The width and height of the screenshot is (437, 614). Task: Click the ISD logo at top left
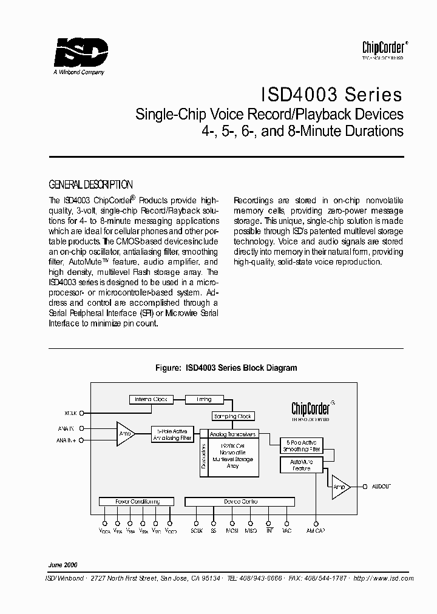(81, 53)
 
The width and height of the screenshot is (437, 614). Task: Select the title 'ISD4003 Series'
(331, 95)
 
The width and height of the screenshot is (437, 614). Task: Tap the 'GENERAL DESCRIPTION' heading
(90, 184)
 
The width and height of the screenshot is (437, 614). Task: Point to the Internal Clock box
(151, 399)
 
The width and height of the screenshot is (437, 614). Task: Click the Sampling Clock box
(232, 416)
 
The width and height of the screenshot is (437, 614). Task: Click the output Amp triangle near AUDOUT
(340, 487)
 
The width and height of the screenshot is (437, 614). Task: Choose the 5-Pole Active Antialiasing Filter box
(172, 434)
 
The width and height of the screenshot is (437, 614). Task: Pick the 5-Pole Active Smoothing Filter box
(300, 445)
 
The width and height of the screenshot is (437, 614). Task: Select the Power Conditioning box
(137, 502)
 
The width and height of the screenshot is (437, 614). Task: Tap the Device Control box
(240, 502)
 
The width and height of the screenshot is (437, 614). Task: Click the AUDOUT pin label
(381, 487)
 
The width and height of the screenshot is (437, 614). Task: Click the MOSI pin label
(232, 531)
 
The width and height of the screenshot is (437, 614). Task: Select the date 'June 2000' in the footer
(63, 564)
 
